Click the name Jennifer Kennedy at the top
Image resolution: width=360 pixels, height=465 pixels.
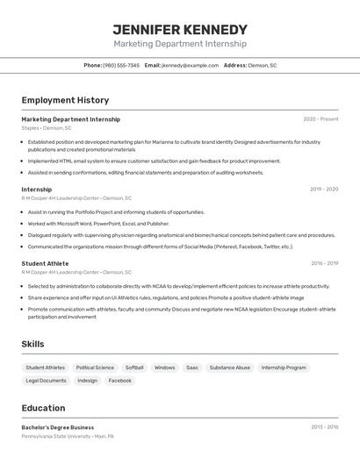[180, 30]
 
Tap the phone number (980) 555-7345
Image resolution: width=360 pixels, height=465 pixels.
[121, 65]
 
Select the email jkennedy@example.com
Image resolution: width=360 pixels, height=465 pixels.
[190, 65]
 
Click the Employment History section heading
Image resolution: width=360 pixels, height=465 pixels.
[65, 100]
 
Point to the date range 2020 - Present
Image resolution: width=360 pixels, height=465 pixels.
[320, 119]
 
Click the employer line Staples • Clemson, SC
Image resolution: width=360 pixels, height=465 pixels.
[47, 128]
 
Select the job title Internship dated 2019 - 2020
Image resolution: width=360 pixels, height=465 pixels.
[37, 190]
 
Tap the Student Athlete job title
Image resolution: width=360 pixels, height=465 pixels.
[45, 263]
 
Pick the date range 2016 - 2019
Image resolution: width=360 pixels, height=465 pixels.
[324, 263]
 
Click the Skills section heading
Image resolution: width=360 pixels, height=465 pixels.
[32, 344]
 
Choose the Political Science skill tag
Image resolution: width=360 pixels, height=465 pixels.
[95, 368]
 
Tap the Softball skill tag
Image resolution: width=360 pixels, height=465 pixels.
[134, 368]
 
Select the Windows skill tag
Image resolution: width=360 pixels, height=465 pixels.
[165, 368]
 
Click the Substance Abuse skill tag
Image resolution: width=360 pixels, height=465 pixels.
[230, 368]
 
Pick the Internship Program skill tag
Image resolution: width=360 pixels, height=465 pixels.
[284, 368]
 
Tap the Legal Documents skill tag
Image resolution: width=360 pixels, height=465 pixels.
[46, 381]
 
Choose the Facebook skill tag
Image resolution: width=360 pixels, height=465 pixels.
[120, 381]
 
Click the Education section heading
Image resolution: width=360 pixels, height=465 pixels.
[43, 408]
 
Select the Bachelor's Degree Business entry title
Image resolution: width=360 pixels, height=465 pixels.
[58, 427]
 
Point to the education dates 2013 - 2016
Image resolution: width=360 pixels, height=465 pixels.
[324, 427]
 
